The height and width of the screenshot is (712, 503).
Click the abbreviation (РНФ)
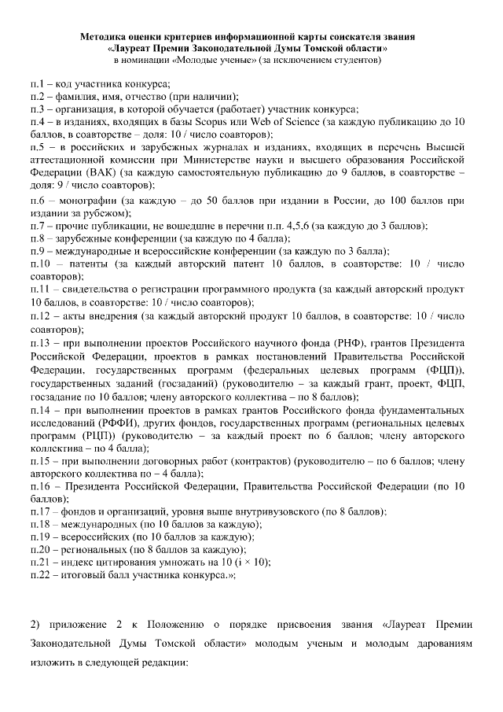point(363,344)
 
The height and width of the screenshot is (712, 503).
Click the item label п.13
point(42,344)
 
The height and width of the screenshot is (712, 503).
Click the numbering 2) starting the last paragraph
point(35,625)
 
